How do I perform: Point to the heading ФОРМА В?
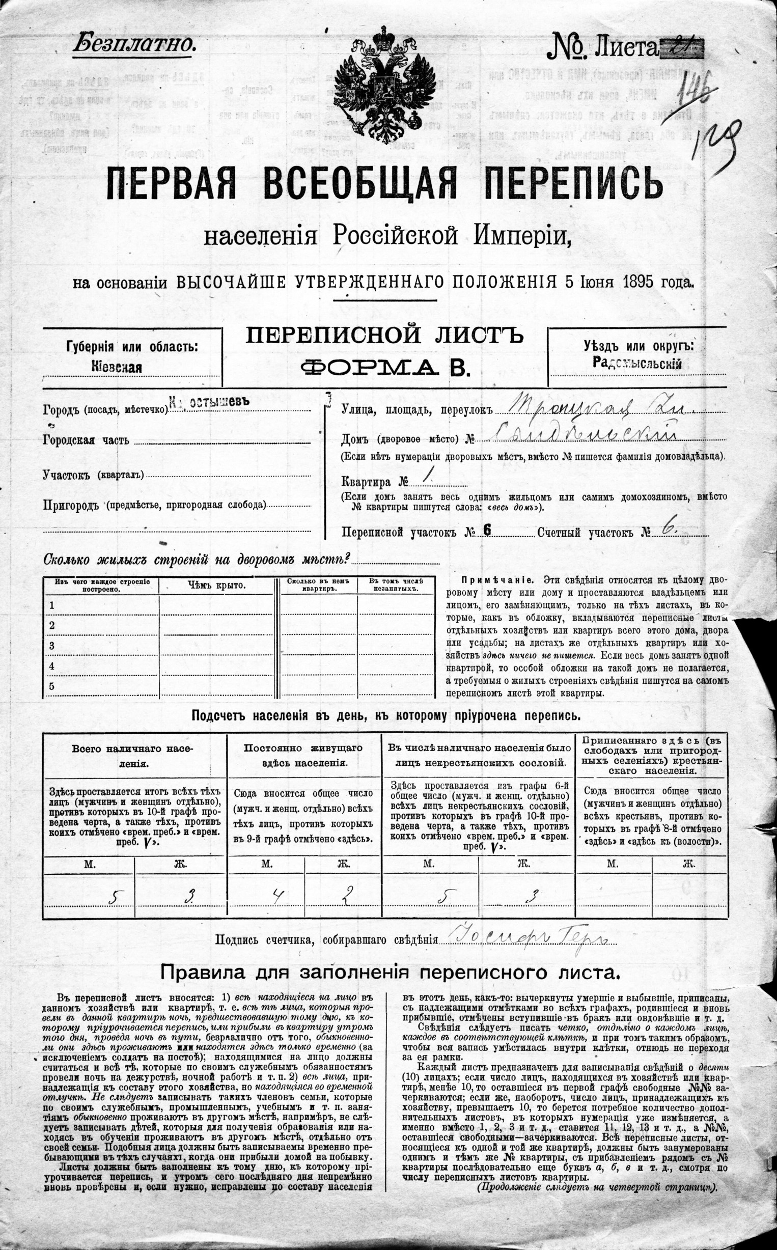tap(385, 368)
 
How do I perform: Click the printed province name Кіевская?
tap(117, 367)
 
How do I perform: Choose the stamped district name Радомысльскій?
tap(637, 364)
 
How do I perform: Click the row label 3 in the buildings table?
tap(51, 646)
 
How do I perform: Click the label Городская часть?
tap(86, 440)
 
